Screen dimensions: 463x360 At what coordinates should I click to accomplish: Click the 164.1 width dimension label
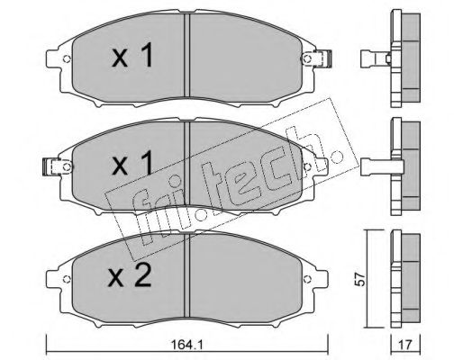coord(186,345)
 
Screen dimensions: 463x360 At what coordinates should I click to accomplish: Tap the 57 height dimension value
coord(359,279)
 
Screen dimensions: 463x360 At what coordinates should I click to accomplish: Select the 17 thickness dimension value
coord(405,345)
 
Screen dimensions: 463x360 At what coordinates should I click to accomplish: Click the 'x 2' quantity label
coord(130,276)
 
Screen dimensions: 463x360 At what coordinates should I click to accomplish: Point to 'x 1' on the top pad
coord(132,55)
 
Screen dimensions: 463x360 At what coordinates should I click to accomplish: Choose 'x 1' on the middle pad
coord(132,163)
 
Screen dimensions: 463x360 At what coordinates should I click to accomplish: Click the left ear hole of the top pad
coord(67,58)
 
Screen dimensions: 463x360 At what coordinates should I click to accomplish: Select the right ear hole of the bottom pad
coord(307,279)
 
